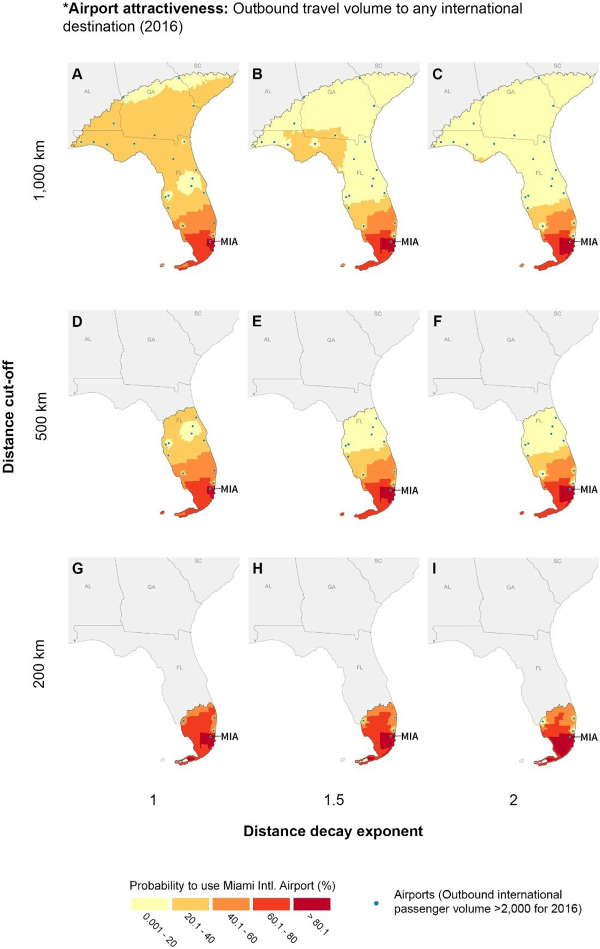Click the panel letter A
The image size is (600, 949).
click(x=77, y=74)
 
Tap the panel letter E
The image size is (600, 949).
click(x=257, y=322)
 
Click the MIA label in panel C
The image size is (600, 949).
click(x=589, y=242)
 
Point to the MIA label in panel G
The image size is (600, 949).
click(x=229, y=737)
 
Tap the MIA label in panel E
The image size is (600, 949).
click(x=410, y=490)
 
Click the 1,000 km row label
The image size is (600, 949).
click(x=40, y=170)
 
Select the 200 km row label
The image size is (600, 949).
click(x=40, y=664)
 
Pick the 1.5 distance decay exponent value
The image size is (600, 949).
click(x=334, y=800)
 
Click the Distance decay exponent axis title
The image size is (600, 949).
click(x=333, y=831)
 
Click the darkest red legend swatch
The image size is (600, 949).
click(x=312, y=904)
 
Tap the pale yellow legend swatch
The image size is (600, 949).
click(x=149, y=904)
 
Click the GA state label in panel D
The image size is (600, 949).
click(x=151, y=340)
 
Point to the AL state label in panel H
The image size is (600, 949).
click(x=268, y=586)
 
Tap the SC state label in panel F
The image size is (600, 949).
click(x=557, y=314)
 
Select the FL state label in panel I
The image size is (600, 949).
click(x=539, y=668)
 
